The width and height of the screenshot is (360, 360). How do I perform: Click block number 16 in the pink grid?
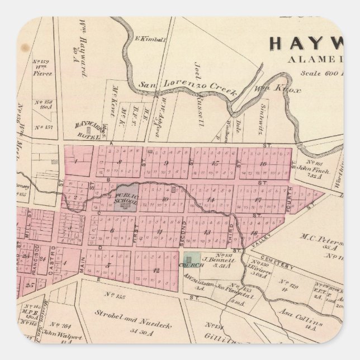click(263, 163)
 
